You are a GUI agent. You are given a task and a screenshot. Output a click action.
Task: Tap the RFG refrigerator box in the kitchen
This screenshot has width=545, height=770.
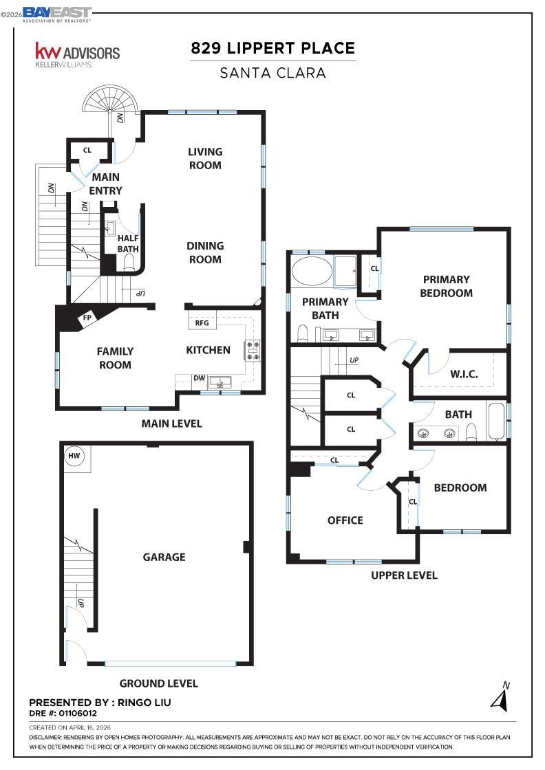pyautogui.click(x=202, y=322)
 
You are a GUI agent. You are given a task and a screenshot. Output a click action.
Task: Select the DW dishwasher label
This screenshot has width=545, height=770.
pyautogui.click(x=199, y=377)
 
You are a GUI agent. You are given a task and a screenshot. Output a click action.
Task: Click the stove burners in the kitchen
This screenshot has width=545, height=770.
pyautogui.click(x=252, y=351)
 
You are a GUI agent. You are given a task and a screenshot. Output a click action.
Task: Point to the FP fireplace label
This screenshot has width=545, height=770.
pyautogui.click(x=87, y=318)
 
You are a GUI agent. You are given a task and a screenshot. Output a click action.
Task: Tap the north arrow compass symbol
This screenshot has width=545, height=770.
pyautogui.click(x=500, y=697)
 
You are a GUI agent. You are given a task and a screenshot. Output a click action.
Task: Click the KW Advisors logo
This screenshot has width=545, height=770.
pyautogui.click(x=77, y=54)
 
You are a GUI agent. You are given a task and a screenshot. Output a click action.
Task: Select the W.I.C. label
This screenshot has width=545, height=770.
pyautogui.click(x=464, y=374)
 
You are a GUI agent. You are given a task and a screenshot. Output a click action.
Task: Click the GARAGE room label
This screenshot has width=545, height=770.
pyautogui.click(x=164, y=557)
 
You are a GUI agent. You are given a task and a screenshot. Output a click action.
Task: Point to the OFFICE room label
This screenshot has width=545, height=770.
pyautogui.click(x=345, y=520)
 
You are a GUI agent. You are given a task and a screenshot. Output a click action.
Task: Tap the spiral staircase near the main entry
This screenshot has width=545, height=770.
pyautogui.click(x=110, y=104)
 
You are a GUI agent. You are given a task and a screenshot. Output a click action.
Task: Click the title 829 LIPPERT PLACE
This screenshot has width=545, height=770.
pyautogui.click(x=272, y=48)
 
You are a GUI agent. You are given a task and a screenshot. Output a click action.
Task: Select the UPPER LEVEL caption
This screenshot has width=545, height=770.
pyautogui.click(x=404, y=575)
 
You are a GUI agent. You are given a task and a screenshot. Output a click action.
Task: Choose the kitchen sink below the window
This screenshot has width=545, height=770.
pyautogui.click(x=220, y=383)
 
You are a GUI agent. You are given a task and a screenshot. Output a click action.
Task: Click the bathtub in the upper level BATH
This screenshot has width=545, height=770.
pyautogui.click(x=496, y=420)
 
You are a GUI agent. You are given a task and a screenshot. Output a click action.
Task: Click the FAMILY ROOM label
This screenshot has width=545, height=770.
pyautogui.click(x=115, y=357)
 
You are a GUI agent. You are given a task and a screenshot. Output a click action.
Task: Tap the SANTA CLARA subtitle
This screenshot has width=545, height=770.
pyautogui.click(x=272, y=73)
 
